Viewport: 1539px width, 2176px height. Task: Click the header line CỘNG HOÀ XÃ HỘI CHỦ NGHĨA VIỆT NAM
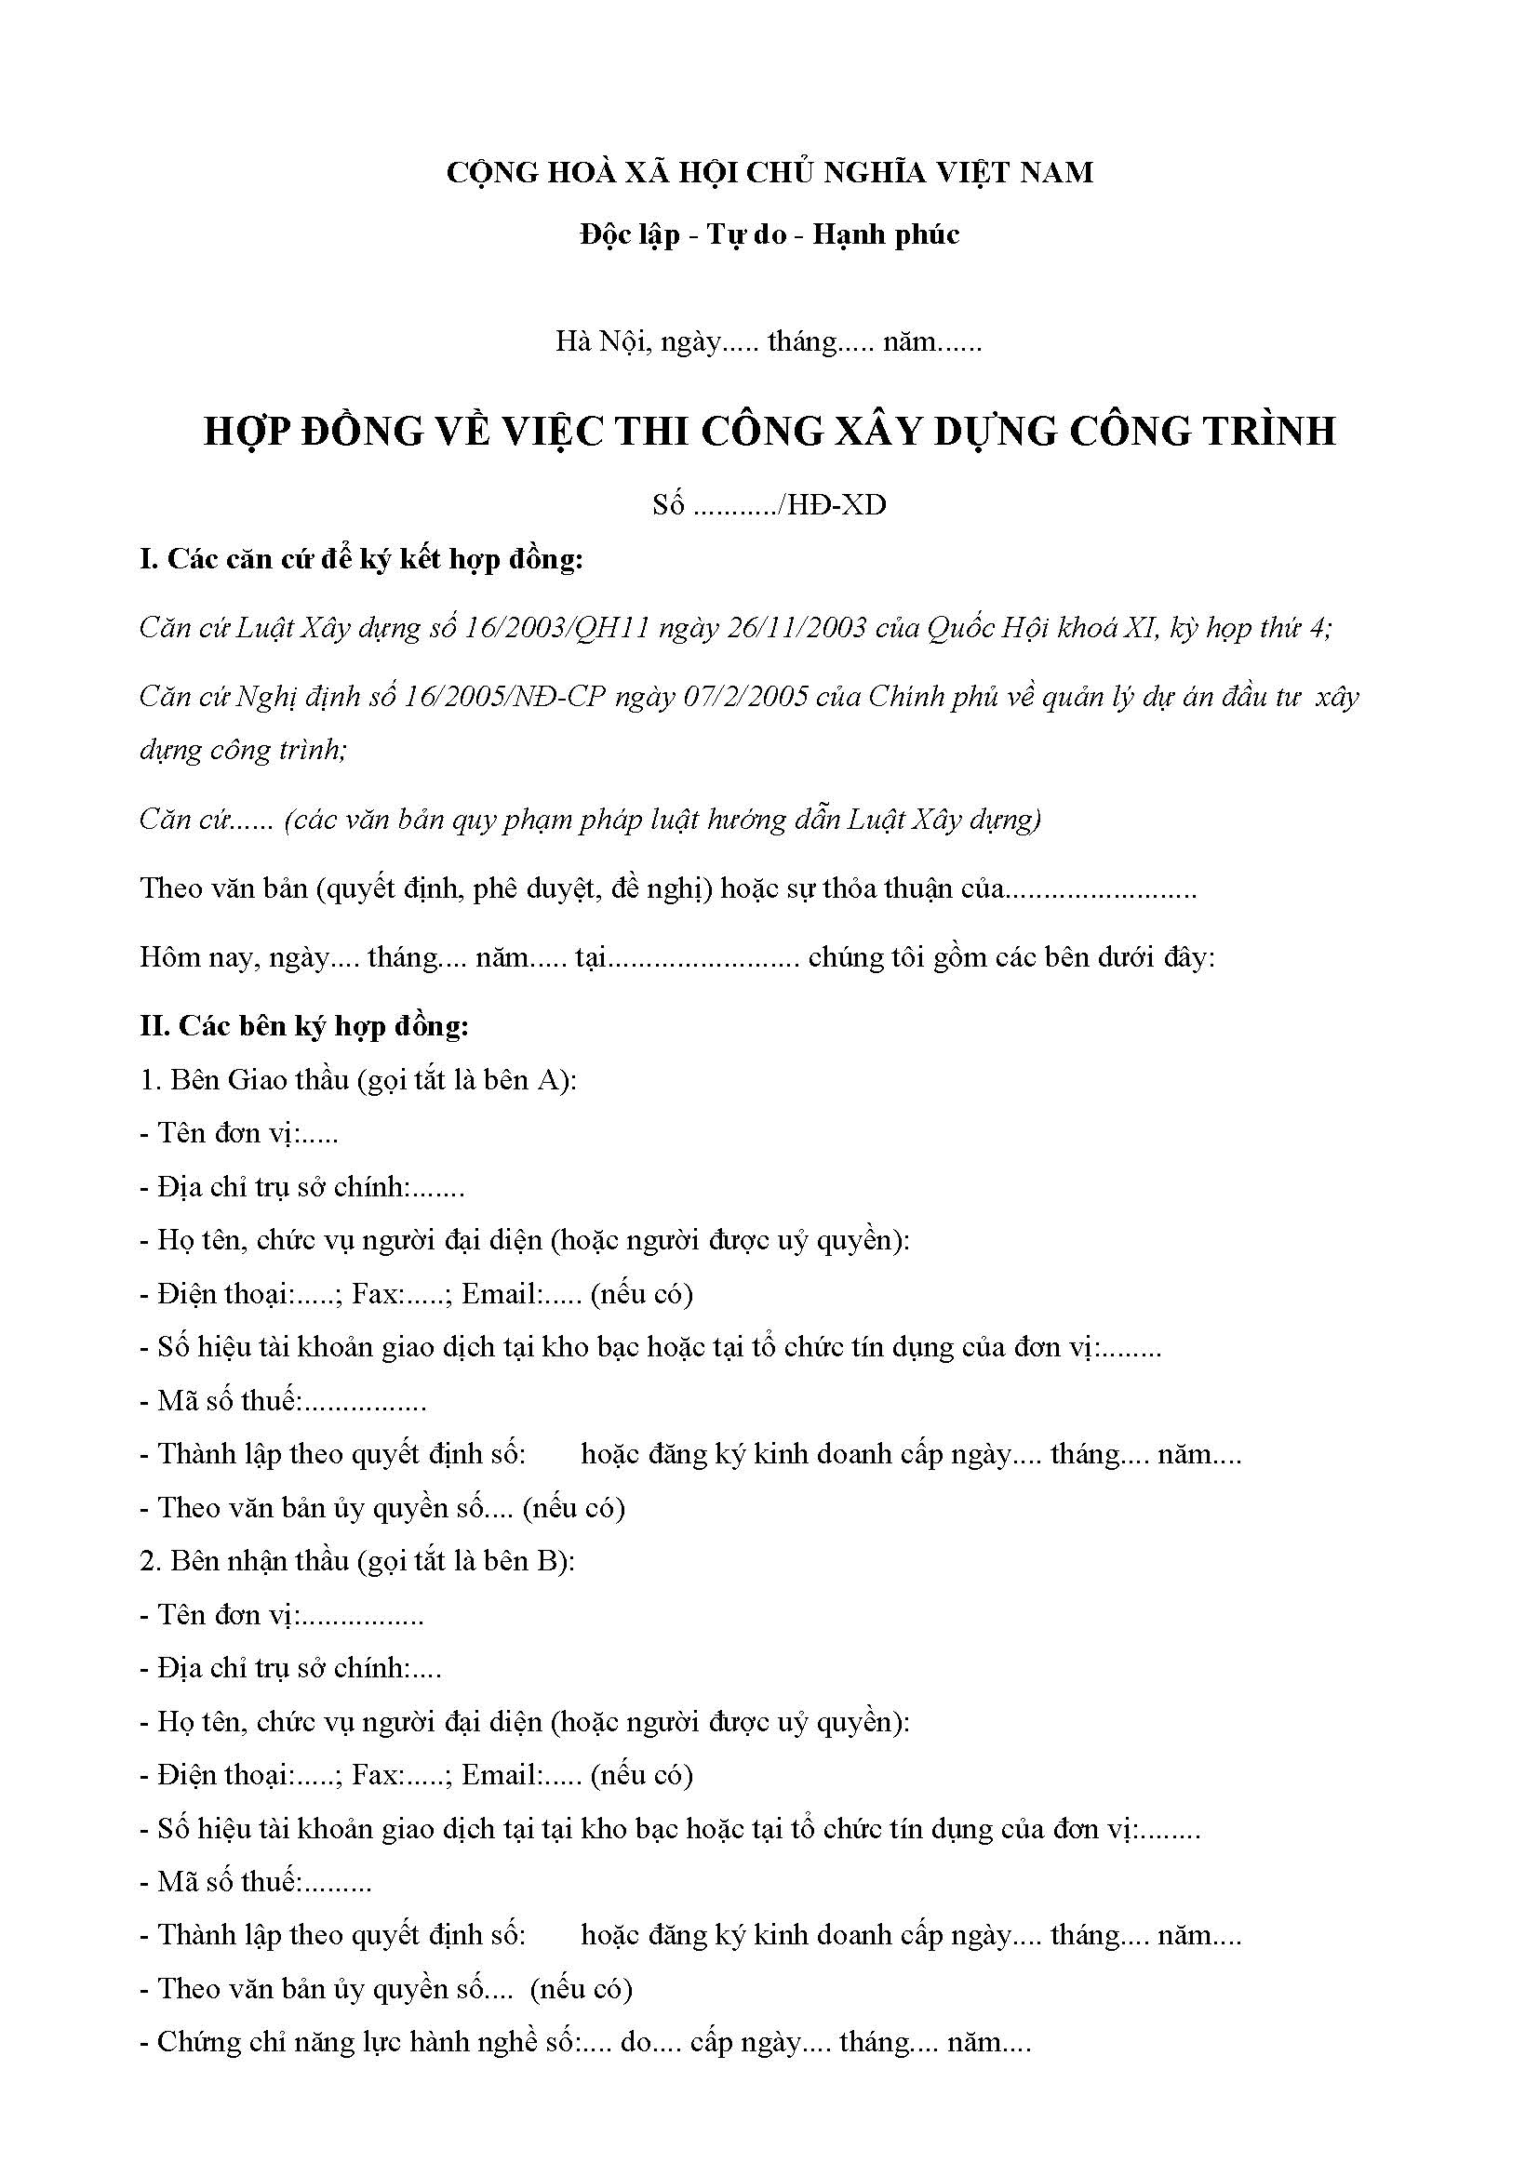pyautogui.click(x=769, y=172)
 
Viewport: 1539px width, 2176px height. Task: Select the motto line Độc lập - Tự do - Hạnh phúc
pyautogui.click(x=769, y=234)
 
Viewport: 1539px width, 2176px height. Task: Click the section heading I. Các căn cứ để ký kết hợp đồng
pyautogui.click(x=361, y=560)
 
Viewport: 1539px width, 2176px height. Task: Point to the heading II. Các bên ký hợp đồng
pyautogui.click(x=304, y=1026)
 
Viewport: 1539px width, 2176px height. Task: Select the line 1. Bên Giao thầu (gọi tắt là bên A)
pyautogui.click(x=358, y=1080)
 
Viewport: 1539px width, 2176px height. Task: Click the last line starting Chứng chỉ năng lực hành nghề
pyautogui.click(x=584, y=2041)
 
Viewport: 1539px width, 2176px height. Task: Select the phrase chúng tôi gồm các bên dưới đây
pyautogui.click(x=1011, y=958)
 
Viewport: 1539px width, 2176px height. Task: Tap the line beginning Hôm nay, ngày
pyautogui.click(x=676, y=958)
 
